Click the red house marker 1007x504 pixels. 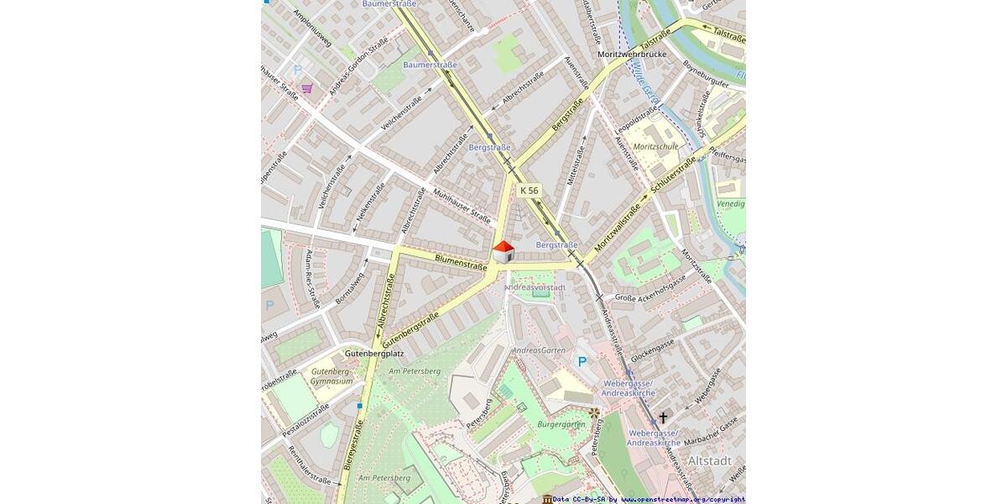[503, 251]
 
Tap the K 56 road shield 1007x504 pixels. [529, 191]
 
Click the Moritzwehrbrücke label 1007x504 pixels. [632, 54]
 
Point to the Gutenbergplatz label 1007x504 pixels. [374, 354]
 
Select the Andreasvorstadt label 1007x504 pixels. [535, 287]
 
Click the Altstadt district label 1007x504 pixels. [710, 461]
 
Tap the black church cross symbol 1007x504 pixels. [663, 417]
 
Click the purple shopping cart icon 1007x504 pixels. [307, 87]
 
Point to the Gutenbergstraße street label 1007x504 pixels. [410, 330]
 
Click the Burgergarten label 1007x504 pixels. [561, 425]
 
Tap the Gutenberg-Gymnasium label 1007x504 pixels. [331, 376]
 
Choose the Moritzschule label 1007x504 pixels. [656, 147]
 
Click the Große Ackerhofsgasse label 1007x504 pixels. [650, 287]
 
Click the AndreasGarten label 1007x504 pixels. [539, 350]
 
